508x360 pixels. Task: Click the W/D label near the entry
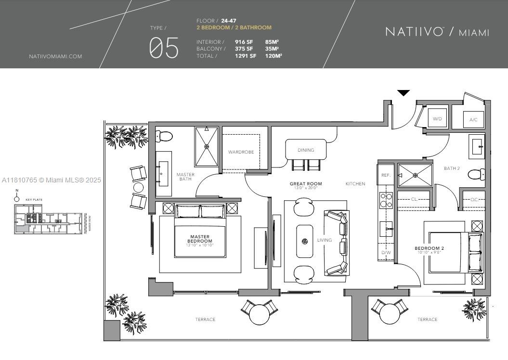point(437,118)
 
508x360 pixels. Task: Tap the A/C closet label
point(473,119)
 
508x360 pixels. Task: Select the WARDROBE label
point(241,152)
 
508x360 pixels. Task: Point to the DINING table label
point(306,150)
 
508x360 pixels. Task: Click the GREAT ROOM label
point(306,184)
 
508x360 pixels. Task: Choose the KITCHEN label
point(355,184)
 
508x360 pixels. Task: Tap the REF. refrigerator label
point(386,176)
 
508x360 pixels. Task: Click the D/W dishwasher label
point(386,253)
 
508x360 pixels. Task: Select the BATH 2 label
point(452,168)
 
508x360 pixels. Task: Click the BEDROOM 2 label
point(429,249)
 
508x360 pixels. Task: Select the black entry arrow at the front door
point(404,93)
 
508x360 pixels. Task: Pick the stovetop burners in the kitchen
point(386,200)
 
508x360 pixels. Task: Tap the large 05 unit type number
point(164,49)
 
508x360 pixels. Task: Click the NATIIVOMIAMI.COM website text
point(55,56)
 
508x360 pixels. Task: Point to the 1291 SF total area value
point(246,56)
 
